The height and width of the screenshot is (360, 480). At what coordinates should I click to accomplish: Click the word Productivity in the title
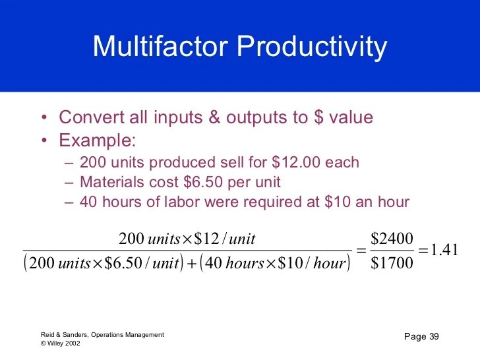click(312, 47)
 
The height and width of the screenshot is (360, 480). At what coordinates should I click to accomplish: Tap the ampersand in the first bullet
click(214, 117)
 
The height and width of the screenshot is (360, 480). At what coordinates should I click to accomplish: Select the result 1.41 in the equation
click(444, 250)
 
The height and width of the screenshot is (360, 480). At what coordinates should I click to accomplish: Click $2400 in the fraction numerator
click(392, 238)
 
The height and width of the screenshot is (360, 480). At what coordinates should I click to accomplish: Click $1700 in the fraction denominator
click(392, 262)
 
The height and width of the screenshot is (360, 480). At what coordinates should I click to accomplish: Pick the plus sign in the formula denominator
click(191, 264)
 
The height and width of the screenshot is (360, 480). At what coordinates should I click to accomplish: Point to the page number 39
click(434, 336)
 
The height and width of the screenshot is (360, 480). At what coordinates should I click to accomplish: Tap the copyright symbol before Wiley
click(43, 344)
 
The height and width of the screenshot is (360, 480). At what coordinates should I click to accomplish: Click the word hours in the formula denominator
click(245, 263)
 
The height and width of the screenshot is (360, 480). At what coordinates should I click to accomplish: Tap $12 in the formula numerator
click(206, 239)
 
